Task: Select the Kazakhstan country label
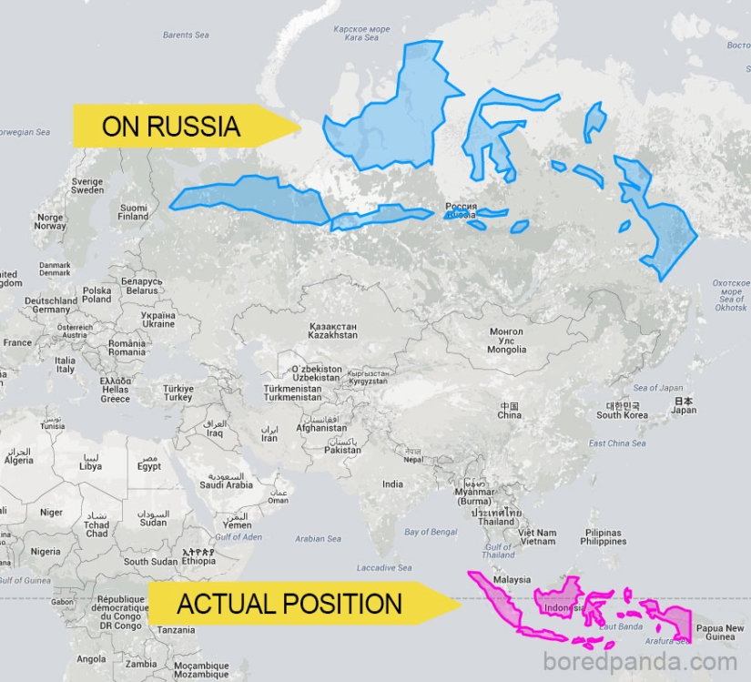pyautogui.click(x=333, y=331)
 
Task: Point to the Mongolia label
pyautogui.click(x=506, y=341)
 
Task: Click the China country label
pyautogui.click(x=509, y=410)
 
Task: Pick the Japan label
pyautogui.click(x=683, y=405)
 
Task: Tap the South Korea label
pyautogui.click(x=622, y=410)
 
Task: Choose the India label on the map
pyautogui.click(x=392, y=484)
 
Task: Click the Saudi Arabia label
pyautogui.click(x=226, y=481)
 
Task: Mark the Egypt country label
pyautogui.click(x=148, y=462)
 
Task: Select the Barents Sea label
pyautogui.click(x=186, y=36)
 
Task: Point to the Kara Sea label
pyautogui.click(x=361, y=34)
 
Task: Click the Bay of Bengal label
pyautogui.click(x=430, y=532)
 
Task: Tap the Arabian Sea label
pyautogui.click(x=318, y=539)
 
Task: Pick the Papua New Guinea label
pyautogui.click(x=719, y=633)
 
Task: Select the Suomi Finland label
pyautogui.click(x=133, y=212)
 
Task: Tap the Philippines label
pyautogui.click(x=604, y=537)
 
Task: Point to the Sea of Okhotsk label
pyautogui.click(x=731, y=296)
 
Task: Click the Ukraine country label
pyautogui.click(x=157, y=319)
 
